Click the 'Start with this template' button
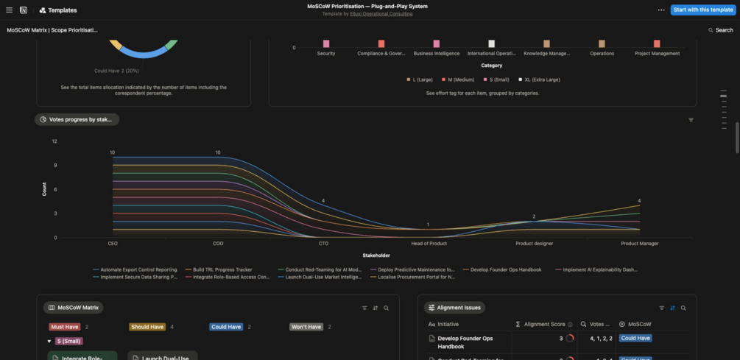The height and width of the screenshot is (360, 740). click(x=703, y=10)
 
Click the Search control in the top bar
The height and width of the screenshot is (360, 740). click(x=721, y=30)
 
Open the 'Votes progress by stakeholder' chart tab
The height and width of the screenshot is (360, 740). click(x=77, y=119)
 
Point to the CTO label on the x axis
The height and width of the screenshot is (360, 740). click(x=323, y=244)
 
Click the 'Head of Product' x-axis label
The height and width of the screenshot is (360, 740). click(x=429, y=244)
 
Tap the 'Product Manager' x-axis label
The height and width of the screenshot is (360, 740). click(x=639, y=244)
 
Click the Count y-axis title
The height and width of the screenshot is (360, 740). click(x=44, y=189)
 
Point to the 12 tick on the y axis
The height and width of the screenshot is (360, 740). click(x=54, y=141)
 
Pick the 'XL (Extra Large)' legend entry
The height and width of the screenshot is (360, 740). click(x=541, y=79)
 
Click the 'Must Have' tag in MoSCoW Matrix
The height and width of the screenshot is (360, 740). click(x=64, y=327)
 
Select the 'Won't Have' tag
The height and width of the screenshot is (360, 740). click(x=306, y=327)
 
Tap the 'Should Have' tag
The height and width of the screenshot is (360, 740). click(x=147, y=327)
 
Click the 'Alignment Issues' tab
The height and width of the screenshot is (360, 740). click(x=454, y=308)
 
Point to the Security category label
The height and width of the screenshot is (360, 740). click(x=326, y=54)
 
